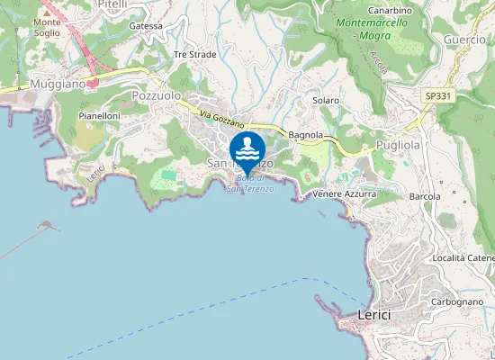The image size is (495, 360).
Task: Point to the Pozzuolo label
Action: pos(157,94)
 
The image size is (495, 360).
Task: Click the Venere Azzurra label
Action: pos(345,193)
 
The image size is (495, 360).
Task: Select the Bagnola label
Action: pos(306,135)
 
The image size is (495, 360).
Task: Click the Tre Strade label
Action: pos(194,54)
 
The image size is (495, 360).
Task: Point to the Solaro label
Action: pos(325,100)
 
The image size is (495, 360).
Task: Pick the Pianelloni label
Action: pos(99,116)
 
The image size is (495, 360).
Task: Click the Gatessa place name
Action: pos(146,26)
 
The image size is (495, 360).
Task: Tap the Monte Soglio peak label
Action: pos(47,27)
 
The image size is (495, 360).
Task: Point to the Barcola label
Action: pos(425,195)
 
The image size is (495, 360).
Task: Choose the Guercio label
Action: pos(464,40)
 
